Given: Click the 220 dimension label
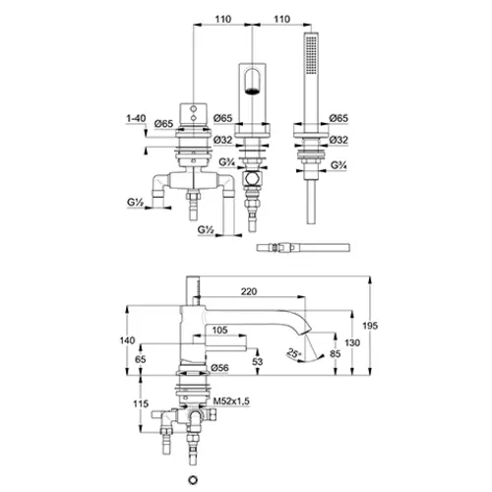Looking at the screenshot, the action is pyautogui.click(x=249, y=291).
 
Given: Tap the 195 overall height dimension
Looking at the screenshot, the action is pyautogui.click(x=370, y=326).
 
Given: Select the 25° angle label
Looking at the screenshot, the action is pyautogui.click(x=294, y=353).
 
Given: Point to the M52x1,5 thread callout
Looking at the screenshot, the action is pyautogui.click(x=231, y=400).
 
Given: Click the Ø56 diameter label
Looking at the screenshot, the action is pyautogui.click(x=219, y=368).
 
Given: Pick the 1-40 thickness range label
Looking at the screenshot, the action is pyautogui.click(x=136, y=118).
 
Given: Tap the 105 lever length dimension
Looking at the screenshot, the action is pyautogui.click(x=219, y=330).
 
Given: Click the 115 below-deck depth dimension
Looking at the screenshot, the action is pyautogui.click(x=141, y=403).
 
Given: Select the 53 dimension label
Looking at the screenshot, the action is pyautogui.click(x=258, y=361).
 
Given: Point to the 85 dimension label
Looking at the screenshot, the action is pyautogui.click(x=335, y=353).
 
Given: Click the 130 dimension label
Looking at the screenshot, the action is pyautogui.click(x=352, y=342).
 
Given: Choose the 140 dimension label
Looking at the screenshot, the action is pyautogui.click(x=127, y=340).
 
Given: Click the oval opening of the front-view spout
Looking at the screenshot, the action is pyautogui.click(x=252, y=82).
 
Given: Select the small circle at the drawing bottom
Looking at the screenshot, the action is pyautogui.click(x=193, y=480).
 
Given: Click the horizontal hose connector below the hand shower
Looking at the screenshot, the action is pyautogui.click(x=303, y=247).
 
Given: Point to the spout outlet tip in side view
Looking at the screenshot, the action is pyautogui.click(x=305, y=333).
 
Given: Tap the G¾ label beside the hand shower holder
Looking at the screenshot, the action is pyautogui.click(x=338, y=165).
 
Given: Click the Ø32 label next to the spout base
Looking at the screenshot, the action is pyautogui.click(x=222, y=140).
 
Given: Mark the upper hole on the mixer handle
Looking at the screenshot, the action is pyautogui.click(x=194, y=108).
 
